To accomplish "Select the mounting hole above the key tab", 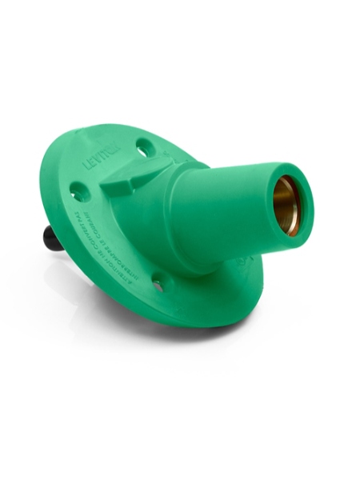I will [x=143, y=147].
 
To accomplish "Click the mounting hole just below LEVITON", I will [x=79, y=191].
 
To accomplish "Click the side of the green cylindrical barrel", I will [x=224, y=208].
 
